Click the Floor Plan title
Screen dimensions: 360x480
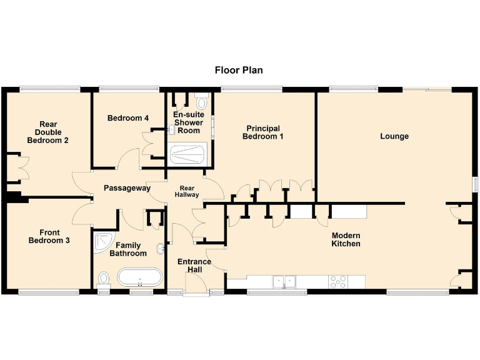[x=239, y=70]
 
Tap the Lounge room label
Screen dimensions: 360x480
[x=394, y=136]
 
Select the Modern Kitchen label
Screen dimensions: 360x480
[x=346, y=239]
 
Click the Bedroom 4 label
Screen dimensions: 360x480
[x=127, y=118]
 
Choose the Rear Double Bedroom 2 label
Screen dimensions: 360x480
[x=47, y=132]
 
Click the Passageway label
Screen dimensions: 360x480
[x=127, y=188]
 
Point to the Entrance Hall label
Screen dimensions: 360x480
[x=194, y=266]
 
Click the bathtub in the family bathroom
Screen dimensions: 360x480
[x=139, y=277]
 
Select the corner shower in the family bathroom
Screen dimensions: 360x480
[x=102, y=242]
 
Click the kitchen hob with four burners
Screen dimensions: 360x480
[x=338, y=282]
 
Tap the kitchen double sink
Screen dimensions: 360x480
[x=283, y=282]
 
